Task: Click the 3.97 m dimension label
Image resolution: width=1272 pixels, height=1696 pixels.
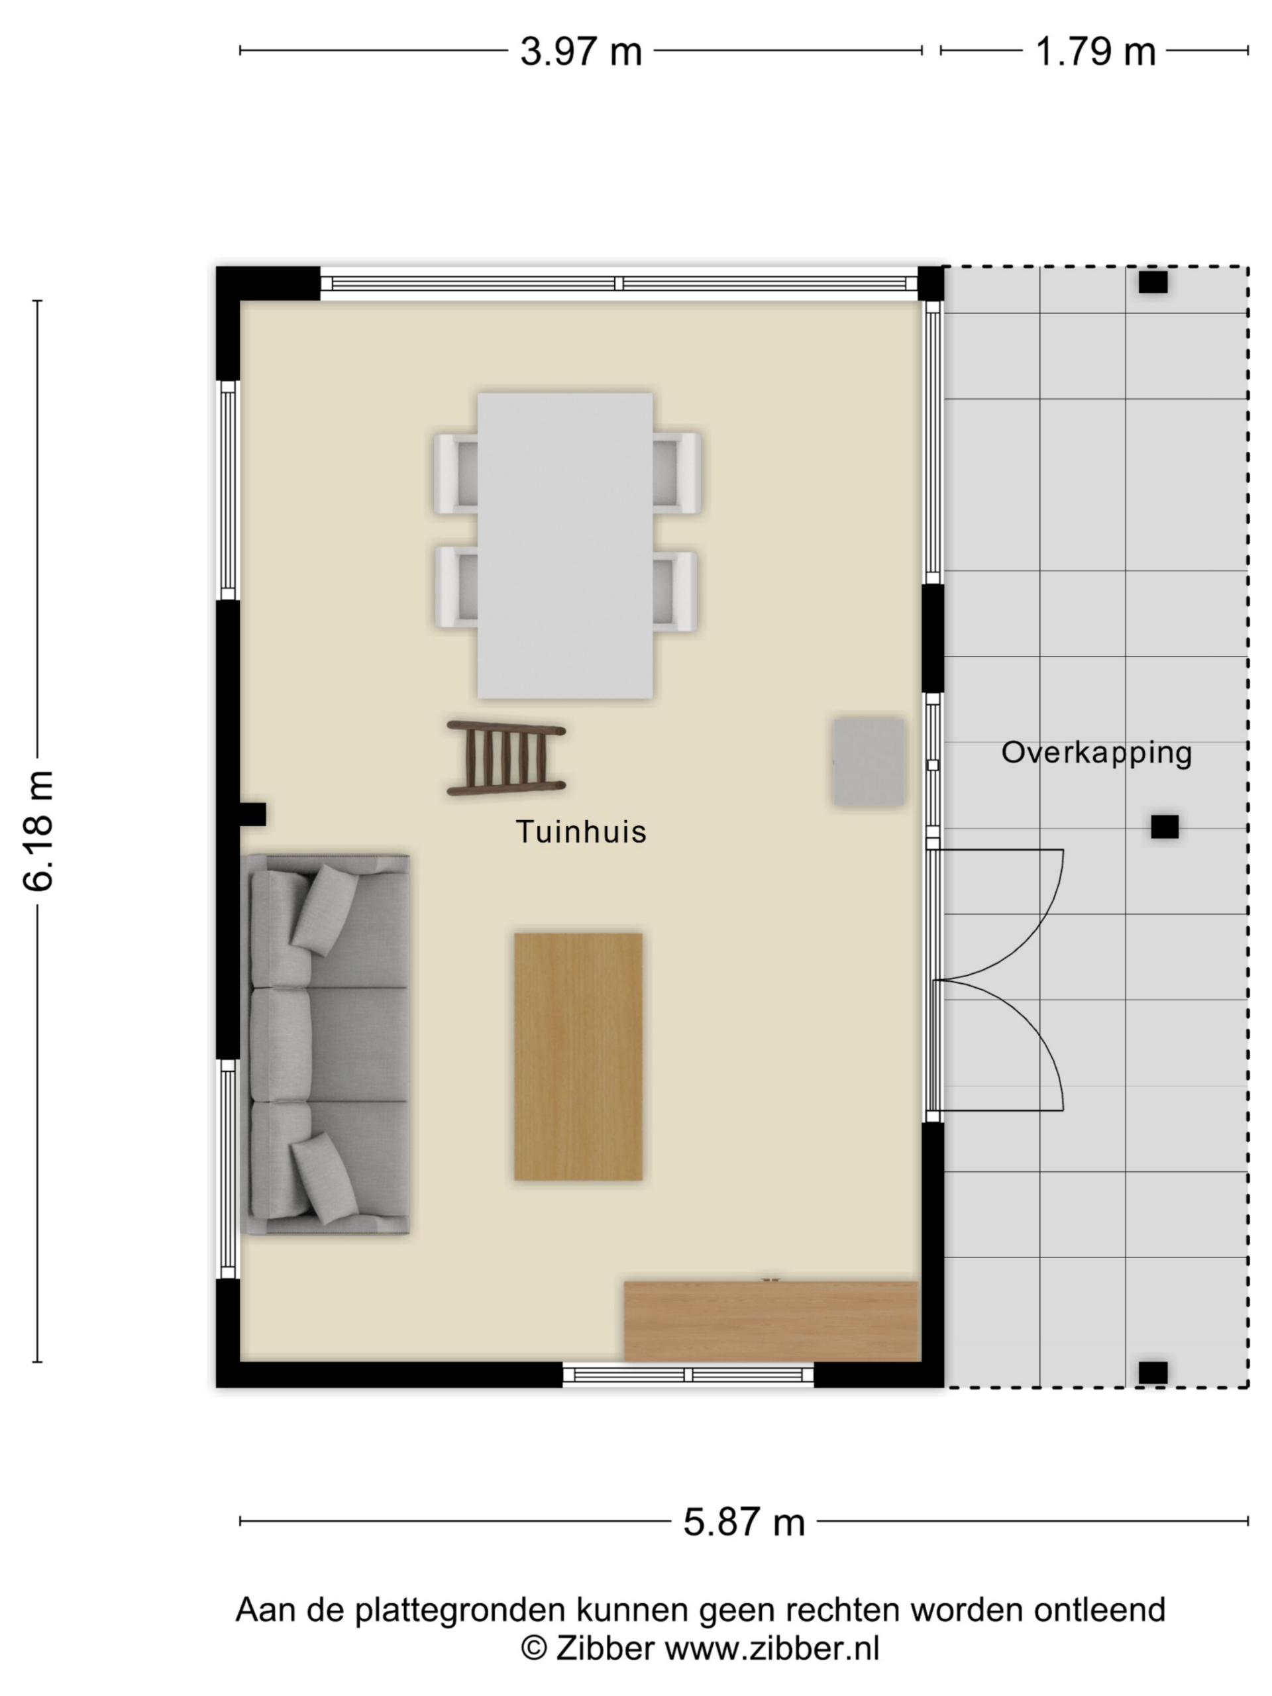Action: pyautogui.click(x=580, y=52)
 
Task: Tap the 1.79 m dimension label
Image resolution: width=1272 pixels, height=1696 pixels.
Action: pyautogui.click(x=1095, y=52)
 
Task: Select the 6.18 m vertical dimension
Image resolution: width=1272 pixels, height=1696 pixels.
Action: pyautogui.click(x=38, y=831)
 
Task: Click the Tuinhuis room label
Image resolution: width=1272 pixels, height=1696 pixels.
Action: pyautogui.click(x=581, y=832)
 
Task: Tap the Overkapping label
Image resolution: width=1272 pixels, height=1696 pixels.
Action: pyautogui.click(x=1096, y=753)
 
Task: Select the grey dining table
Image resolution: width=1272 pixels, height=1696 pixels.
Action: pyautogui.click(x=565, y=546)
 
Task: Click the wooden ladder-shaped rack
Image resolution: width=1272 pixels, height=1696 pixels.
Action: pyautogui.click(x=506, y=757)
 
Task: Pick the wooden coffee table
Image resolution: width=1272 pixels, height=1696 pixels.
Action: pyautogui.click(x=578, y=1057)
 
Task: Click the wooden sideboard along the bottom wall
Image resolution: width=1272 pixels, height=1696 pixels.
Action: pyautogui.click(x=770, y=1320)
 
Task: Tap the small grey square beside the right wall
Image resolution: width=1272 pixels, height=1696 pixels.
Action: pyautogui.click(x=869, y=761)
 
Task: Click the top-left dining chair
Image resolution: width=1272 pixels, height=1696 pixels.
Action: pyautogui.click(x=456, y=473)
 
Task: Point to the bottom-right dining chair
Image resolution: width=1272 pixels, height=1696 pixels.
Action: pyautogui.click(x=674, y=591)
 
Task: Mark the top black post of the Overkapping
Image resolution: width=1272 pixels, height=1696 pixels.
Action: pyautogui.click(x=1152, y=282)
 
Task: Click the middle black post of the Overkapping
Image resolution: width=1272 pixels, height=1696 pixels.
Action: pyautogui.click(x=1165, y=827)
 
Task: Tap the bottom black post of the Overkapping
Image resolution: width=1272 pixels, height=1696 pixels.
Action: pyautogui.click(x=1152, y=1373)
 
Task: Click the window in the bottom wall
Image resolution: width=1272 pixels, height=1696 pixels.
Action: pyautogui.click(x=688, y=1375)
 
